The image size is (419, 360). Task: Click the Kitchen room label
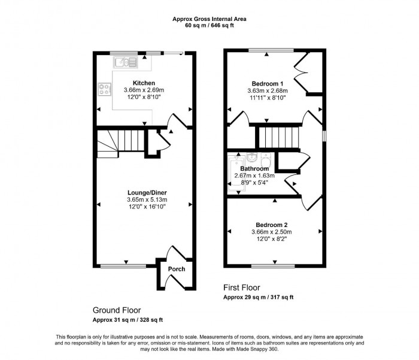[x=144, y=83]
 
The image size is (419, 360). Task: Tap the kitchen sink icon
[x=127, y=60]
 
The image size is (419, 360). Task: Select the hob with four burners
[x=104, y=90]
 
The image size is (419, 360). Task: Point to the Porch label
[x=177, y=269]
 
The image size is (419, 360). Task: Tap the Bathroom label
[x=254, y=169]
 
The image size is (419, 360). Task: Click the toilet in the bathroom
[x=266, y=160]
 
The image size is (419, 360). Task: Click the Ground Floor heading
[x=116, y=310]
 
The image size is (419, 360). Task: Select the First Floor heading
[x=242, y=288]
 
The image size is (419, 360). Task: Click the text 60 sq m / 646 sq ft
[x=209, y=26]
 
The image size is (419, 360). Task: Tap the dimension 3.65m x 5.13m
[x=147, y=199]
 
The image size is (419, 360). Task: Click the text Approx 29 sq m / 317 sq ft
[x=258, y=297]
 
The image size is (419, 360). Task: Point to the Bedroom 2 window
[x=275, y=265]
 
